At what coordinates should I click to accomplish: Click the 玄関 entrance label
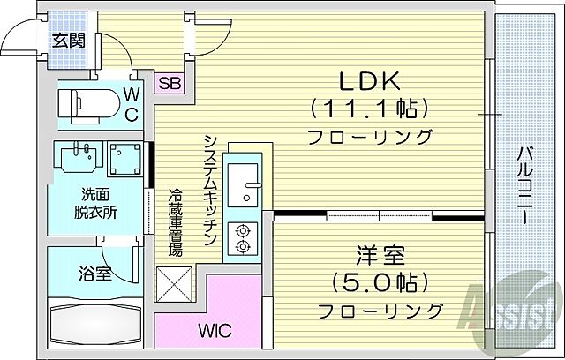[x=66, y=41]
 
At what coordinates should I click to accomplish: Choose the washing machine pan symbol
[x=123, y=158]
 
